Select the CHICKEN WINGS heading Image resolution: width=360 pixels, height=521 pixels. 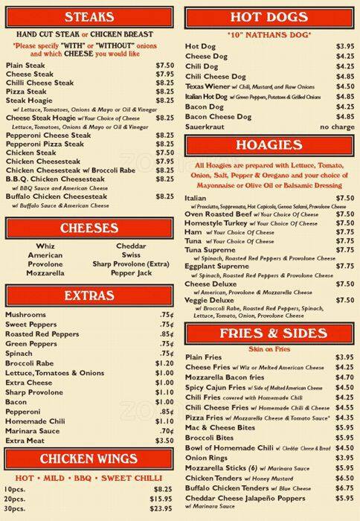[x=89, y=458]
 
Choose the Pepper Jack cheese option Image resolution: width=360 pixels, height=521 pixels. [x=131, y=273]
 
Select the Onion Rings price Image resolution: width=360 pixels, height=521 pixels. [x=344, y=457]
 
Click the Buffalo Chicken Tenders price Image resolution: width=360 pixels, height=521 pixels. [x=344, y=488]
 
